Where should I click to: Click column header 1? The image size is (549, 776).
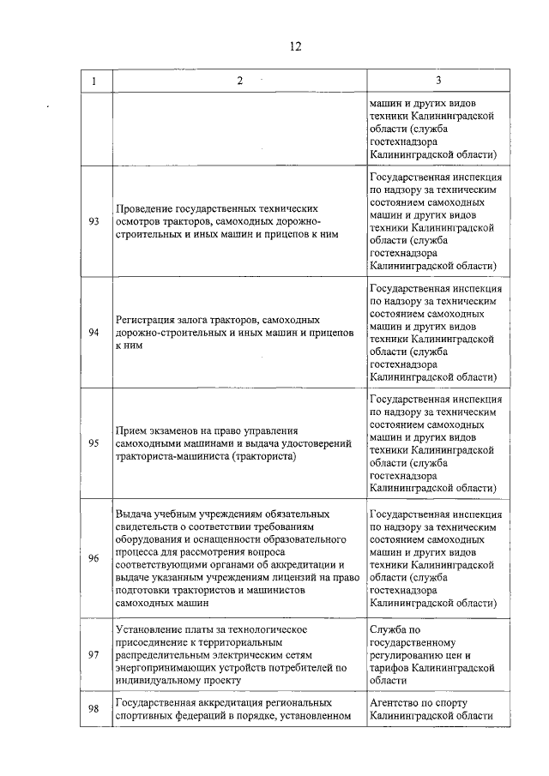(x=94, y=81)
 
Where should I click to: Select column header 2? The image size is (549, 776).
(x=239, y=81)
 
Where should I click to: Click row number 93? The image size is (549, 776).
(x=94, y=221)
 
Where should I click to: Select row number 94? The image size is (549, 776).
(x=94, y=332)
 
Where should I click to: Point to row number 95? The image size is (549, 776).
(x=94, y=443)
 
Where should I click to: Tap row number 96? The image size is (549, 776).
(x=94, y=558)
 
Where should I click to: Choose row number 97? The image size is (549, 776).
(x=94, y=654)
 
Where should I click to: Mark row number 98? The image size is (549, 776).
(x=94, y=708)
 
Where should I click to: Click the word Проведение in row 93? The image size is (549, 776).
(x=143, y=209)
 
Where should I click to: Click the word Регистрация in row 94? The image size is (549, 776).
(x=145, y=320)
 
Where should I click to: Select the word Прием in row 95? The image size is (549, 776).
(x=130, y=431)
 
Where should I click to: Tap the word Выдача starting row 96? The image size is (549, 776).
(x=132, y=514)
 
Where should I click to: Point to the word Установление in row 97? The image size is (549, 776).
(x=150, y=629)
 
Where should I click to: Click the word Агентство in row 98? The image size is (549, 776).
(x=394, y=702)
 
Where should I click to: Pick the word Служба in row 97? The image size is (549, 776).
(x=388, y=629)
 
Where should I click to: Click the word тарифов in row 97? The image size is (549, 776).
(x=391, y=667)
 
